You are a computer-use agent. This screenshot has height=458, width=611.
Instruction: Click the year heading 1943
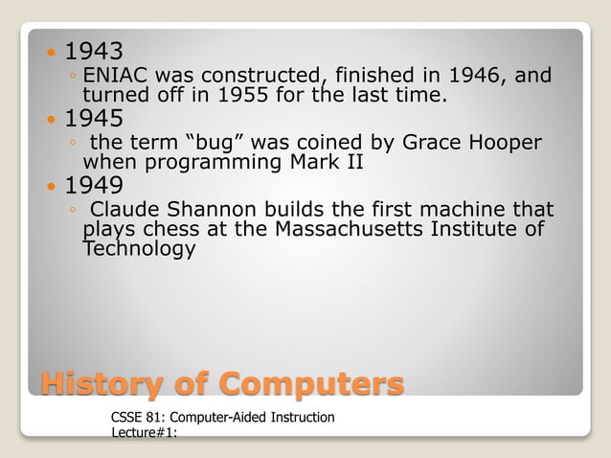(94, 50)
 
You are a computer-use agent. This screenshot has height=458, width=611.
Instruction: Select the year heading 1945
(94, 119)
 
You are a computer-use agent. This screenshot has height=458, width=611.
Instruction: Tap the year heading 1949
(94, 184)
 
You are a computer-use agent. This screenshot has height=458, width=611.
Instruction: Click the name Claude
(124, 209)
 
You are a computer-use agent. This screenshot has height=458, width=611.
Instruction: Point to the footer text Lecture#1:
(145, 433)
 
